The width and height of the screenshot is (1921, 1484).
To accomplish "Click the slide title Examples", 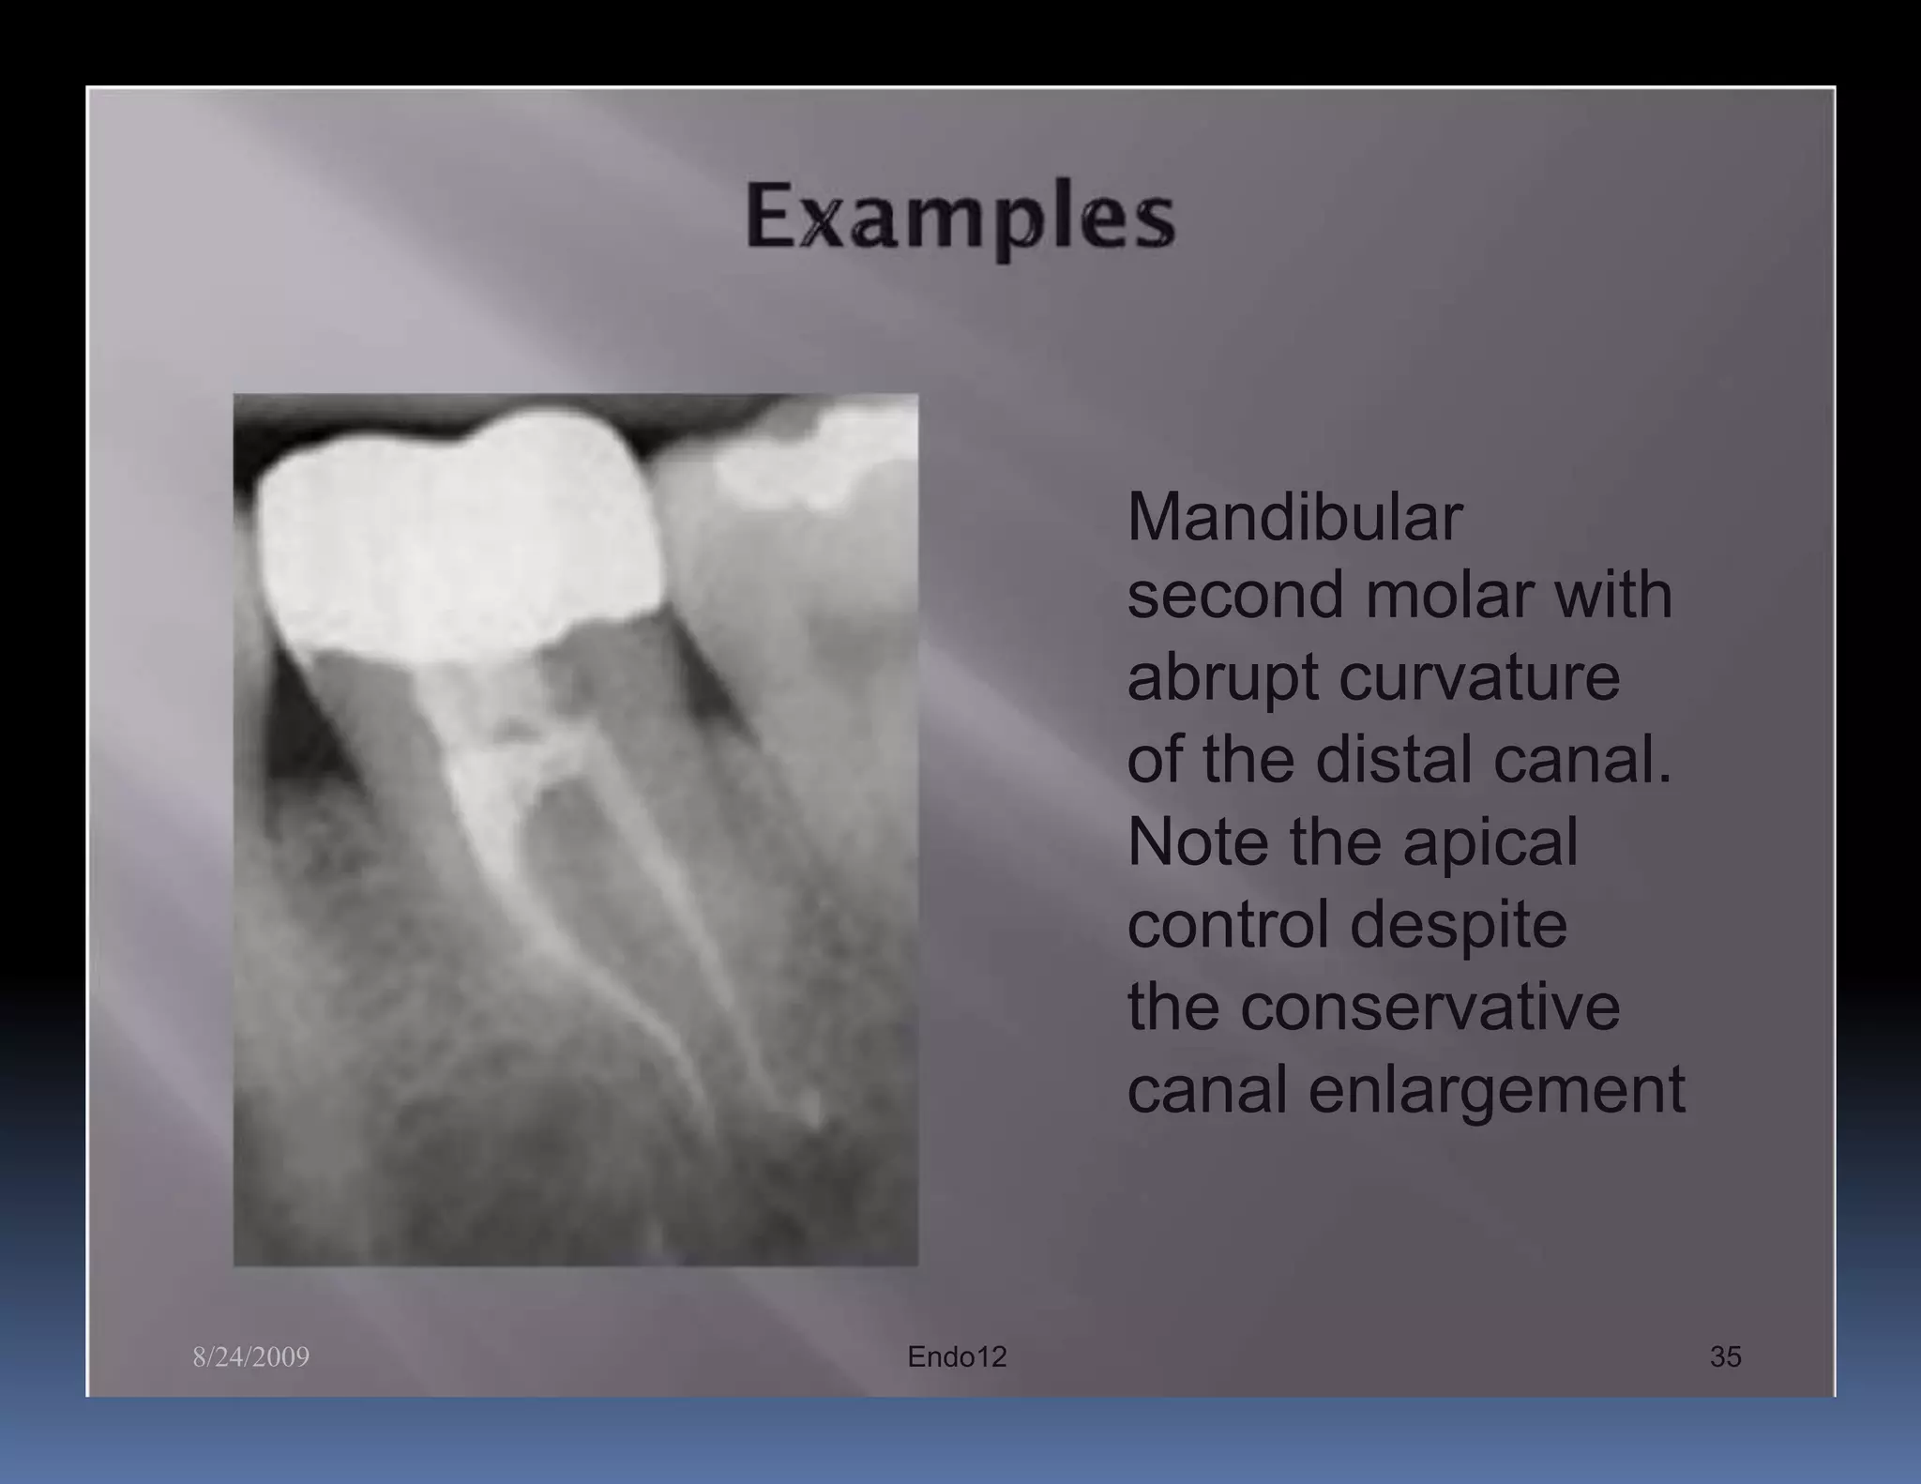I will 960,218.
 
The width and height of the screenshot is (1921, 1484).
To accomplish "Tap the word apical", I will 1490,841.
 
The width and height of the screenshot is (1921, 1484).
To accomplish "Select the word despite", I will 1459,924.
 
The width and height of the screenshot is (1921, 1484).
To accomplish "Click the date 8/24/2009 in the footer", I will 250,1357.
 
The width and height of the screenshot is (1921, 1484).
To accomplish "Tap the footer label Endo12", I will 957,1356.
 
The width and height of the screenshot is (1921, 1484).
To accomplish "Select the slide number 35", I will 1725,1356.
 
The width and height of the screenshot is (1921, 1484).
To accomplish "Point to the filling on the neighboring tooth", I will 807,464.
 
